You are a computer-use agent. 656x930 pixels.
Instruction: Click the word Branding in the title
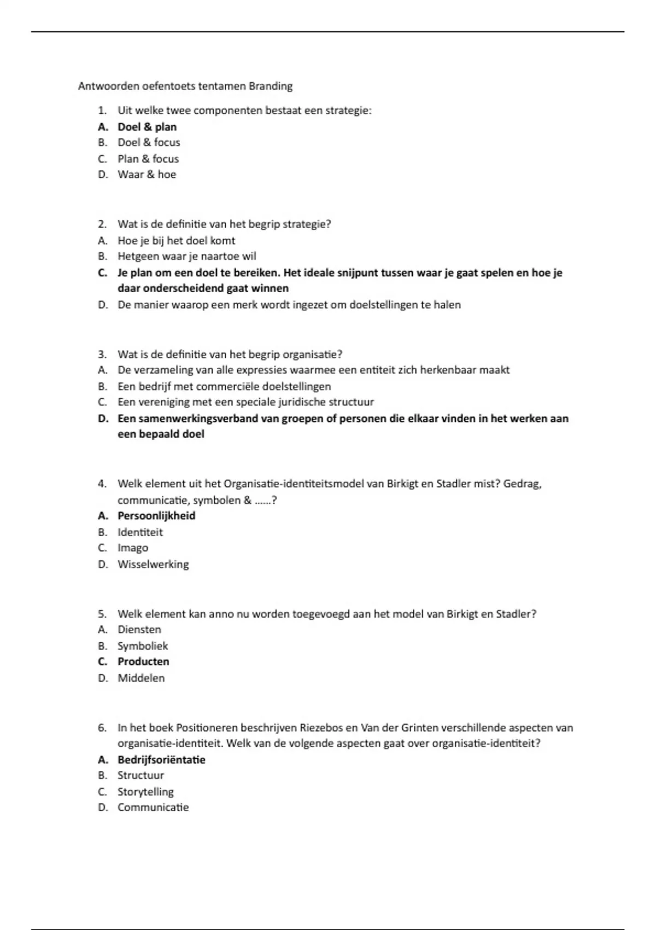tap(271, 86)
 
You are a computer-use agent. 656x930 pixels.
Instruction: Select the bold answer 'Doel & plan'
tap(147, 127)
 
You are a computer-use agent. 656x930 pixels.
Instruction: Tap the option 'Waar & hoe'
tap(147, 175)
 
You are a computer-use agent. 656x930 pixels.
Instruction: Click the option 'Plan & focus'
tap(148, 159)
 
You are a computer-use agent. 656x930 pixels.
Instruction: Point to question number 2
tap(102, 224)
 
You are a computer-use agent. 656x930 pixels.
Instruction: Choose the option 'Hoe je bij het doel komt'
tap(176, 241)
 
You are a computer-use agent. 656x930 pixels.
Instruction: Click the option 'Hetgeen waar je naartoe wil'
tap(186, 257)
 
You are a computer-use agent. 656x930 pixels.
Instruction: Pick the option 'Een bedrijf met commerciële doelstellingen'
tap(224, 386)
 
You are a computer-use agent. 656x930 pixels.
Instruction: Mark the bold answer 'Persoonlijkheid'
tap(156, 516)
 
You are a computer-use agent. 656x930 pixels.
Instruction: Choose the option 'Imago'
tap(133, 548)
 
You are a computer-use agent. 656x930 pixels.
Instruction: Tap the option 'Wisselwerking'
tap(153, 564)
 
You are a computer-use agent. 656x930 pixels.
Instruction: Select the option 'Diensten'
tap(139, 630)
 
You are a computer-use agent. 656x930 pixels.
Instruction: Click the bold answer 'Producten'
tap(143, 661)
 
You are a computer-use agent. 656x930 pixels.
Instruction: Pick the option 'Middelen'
tap(141, 678)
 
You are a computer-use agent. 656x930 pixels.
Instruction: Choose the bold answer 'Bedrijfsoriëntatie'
tap(161, 760)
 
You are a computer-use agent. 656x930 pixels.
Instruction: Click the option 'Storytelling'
tap(145, 792)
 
